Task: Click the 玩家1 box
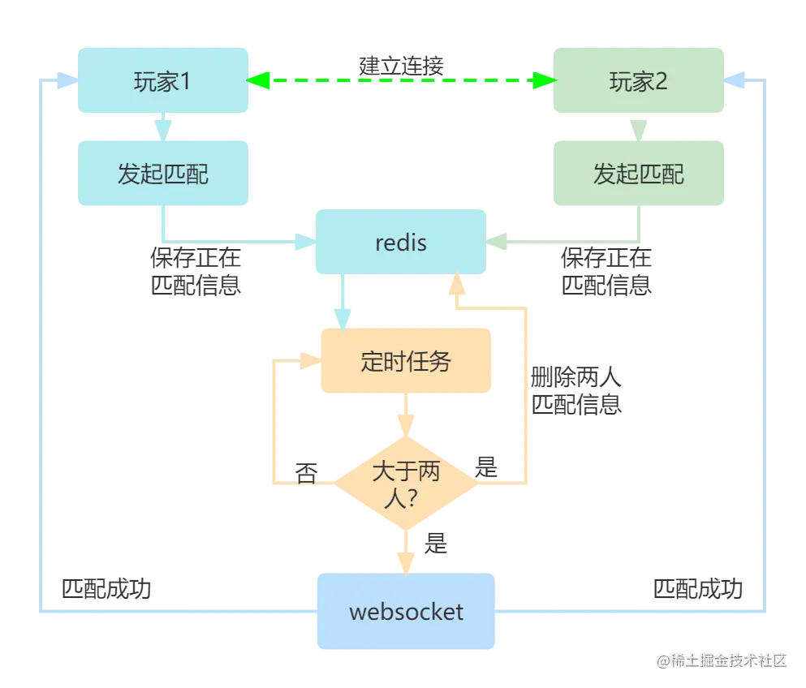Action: pos(164,81)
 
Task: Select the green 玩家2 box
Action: pos(639,81)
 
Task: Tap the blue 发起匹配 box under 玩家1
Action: pos(164,173)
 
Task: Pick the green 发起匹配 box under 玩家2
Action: pos(639,173)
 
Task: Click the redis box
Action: pos(400,243)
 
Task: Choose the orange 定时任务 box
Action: pos(405,361)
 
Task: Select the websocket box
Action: pos(406,611)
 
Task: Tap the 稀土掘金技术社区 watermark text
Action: pos(722,659)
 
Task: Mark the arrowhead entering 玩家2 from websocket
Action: pos(736,80)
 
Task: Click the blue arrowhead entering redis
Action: pos(303,241)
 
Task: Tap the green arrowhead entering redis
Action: pos(498,241)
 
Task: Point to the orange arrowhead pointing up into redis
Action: pos(457,284)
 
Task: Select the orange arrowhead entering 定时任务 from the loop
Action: pos(308,361)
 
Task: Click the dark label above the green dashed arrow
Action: pos(402,63)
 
